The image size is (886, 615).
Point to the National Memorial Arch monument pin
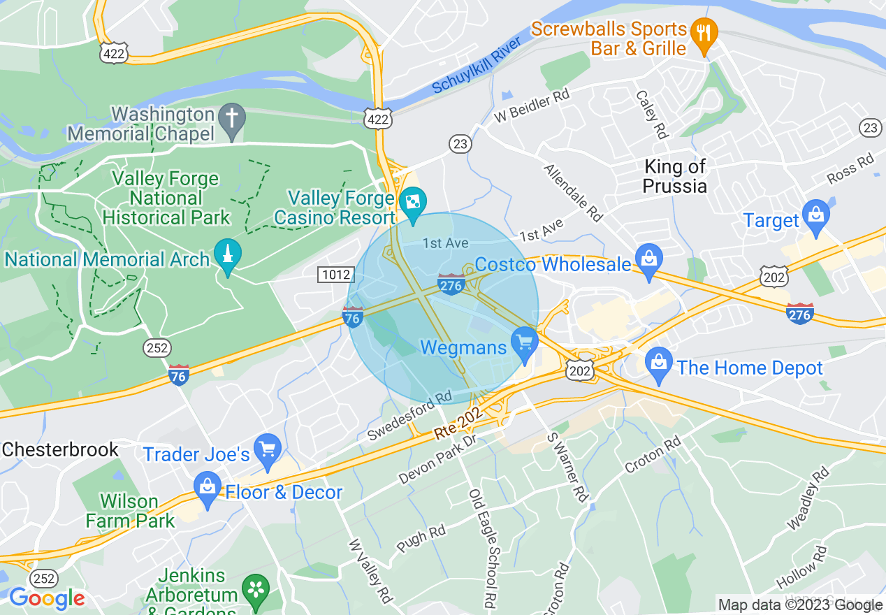(227, 254)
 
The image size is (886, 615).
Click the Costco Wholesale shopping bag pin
(649, 260)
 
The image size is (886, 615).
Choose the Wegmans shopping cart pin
(523, 342)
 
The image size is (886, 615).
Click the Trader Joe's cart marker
(267, 449)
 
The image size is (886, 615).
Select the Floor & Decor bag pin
(207, 486)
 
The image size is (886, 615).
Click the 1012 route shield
(333, 275)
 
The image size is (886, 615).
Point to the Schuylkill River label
(477, 65)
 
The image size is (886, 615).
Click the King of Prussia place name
(675, 176)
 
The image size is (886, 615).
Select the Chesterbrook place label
(60, 449)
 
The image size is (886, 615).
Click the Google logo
(47, 598)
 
